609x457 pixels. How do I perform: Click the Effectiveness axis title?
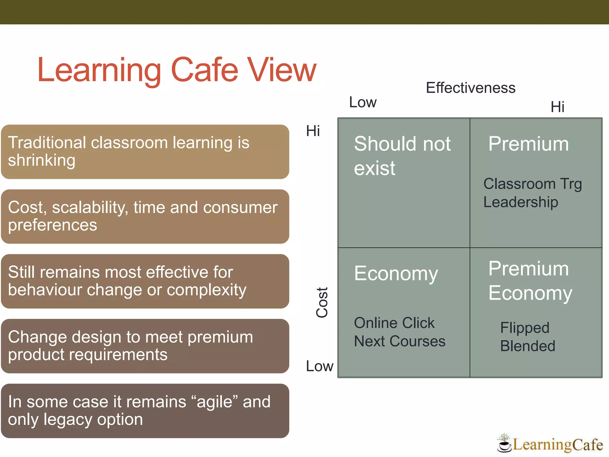pos(470,88)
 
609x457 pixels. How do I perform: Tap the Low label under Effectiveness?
pos(363,102)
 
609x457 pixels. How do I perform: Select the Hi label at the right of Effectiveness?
pos(557,107)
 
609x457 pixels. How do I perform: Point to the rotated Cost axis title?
pos(322,302)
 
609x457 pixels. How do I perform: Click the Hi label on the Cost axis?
pos(313,131)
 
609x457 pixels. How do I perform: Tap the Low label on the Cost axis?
pos(320,366)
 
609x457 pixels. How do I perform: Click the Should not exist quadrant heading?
pos(402,156)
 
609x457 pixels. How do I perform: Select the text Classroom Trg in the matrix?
pos(532,184)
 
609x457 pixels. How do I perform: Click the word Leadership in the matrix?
pos(520,202)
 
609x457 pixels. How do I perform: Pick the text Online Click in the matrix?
pos(394,323)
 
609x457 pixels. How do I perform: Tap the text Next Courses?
pos(399,341)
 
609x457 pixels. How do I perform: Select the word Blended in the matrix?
pos(528,346)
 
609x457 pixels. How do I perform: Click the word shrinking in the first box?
pos(42,161)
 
